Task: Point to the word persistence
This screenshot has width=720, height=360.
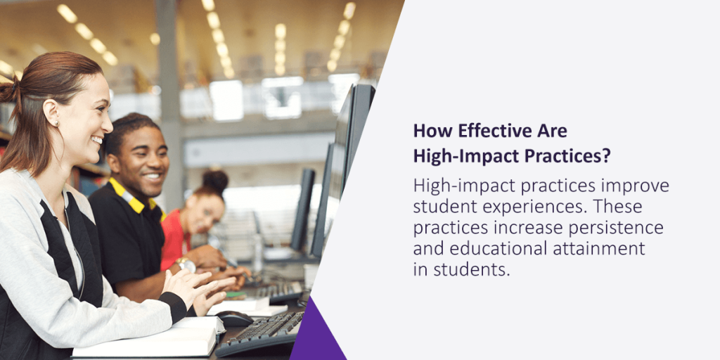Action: (607, 228)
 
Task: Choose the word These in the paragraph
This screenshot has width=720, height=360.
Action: (620, 207)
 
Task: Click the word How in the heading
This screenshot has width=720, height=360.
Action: (429, 131)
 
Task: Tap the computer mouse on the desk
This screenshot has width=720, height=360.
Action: (233, 319)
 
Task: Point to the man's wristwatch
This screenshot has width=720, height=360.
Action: (186, 264)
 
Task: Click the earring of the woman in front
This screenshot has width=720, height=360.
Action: (56, 123)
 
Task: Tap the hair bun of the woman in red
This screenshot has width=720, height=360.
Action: (215, 181)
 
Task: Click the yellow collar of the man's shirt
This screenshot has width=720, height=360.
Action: (129, 197)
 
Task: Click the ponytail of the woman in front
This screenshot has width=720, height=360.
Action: (10, 94)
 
